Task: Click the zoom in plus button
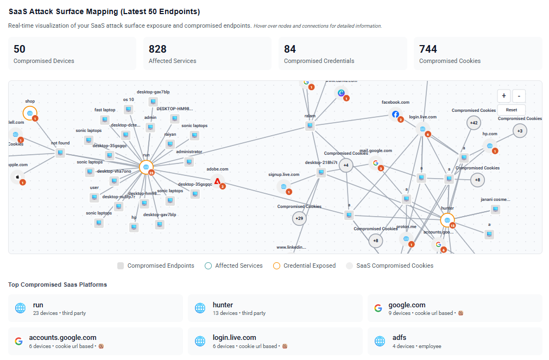[x=504, y=96]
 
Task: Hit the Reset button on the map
[x=511, y=110]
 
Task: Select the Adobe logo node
[x=217, y=181]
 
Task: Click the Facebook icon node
[x=395, y=114]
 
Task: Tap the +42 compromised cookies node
[x=474, y=123]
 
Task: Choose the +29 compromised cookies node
[x=299, y=218]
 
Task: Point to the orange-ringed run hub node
[x=146, y=167]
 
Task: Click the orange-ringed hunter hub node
[x=447, y=220]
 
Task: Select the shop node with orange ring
[x=29, y=113]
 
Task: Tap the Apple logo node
[x=17, y=176]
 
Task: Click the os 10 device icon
[x=129, y=109]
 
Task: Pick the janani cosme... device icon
[x=495, y=209]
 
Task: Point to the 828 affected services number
[x=157, y=49]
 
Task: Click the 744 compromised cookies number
[x=428, y=49]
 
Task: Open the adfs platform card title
[x=399, y=337]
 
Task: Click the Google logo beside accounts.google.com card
[x=19, y=342]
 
